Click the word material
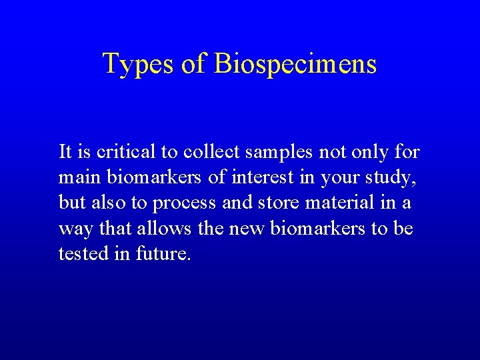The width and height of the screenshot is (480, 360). click(x=343, y=203)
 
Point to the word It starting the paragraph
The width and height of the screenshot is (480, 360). click(x=65, y=153)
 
